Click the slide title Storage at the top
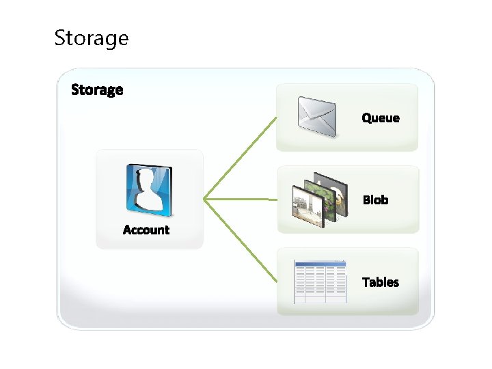(x=91, y=38)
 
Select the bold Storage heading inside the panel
(x=97, y=90)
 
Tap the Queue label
(x=381, y=118)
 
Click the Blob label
(x=375, y=200)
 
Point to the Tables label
(x=381, y=282)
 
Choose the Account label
(x=146, y=230)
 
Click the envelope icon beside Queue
(x=317, y=116)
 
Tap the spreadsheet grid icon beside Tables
(x=320, y=282)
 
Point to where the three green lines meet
(x=205, y=200)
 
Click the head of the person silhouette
(x=147, y=179)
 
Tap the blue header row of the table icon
(x=320, y=263)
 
